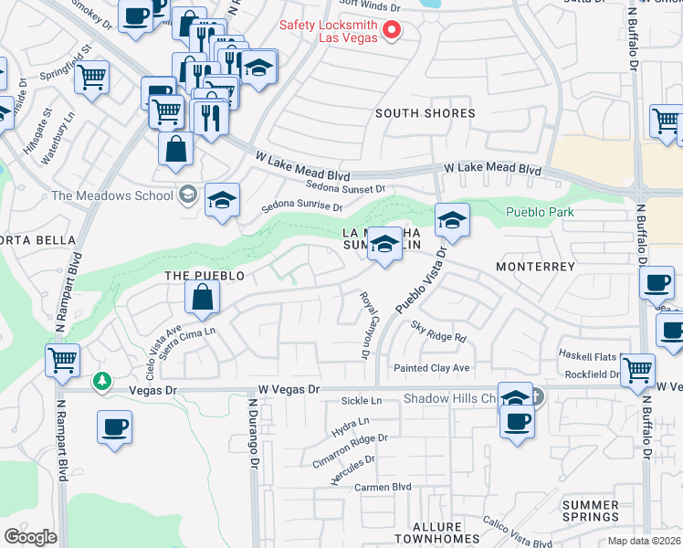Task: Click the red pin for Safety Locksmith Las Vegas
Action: coord(393,30)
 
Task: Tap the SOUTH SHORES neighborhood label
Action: coord(426,113)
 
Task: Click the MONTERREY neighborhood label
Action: coord(535,267)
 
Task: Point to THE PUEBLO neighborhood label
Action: coord(204,275)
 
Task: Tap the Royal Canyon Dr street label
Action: coord(368,325)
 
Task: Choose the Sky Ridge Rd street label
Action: coord(438,331)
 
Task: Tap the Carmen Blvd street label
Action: coord(384,488)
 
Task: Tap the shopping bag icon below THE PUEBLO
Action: coord(202,297)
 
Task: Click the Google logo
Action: coord(31,537)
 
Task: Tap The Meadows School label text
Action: coord(112,195)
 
